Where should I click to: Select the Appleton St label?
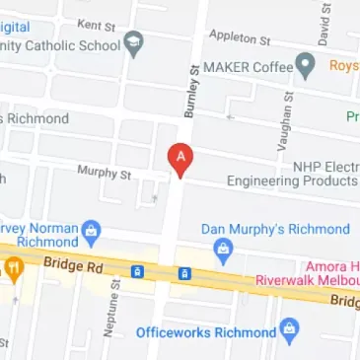(x=239, y=37)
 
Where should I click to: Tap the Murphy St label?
(x=105, y=173)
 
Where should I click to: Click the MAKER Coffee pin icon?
(x=307, y=67)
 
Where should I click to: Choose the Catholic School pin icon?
(x=133, y=43)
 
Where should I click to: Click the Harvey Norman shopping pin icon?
(x=92, y=231)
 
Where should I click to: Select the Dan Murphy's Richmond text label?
(x=275, y=229)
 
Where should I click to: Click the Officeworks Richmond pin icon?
(x=289, y=330)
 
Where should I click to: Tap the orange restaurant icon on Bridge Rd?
(x=14, y=266)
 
